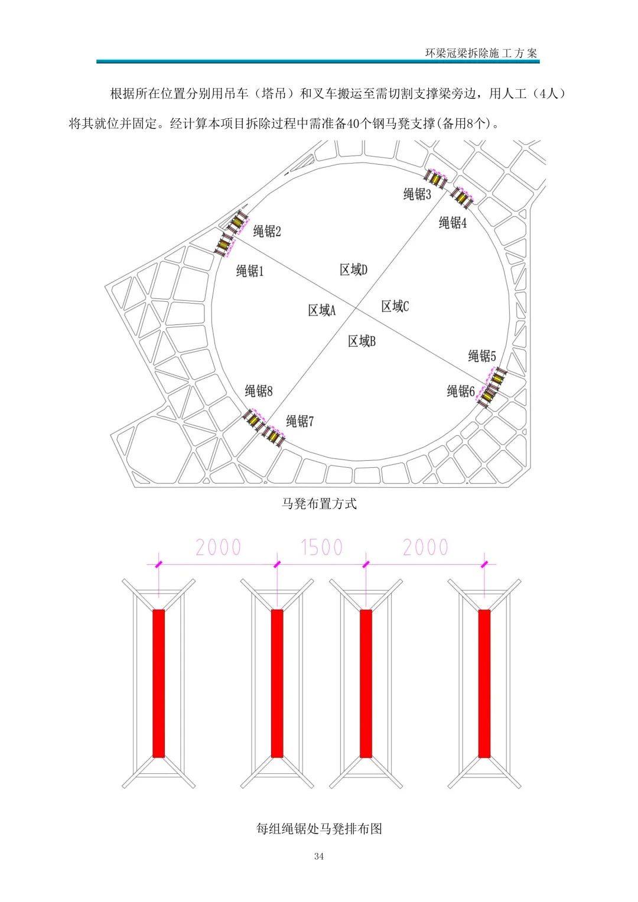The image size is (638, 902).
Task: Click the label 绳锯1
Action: pyautogui.click(x=250, y=271)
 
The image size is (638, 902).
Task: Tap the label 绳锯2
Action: pyautogui.click(x=266, y=231)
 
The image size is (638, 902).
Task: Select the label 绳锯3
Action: pyautogui.click(x=417, y=194)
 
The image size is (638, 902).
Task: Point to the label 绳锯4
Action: pyautogui.click(x=453, y=223)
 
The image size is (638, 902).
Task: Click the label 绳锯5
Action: pyautogui.click(x=481, y=356)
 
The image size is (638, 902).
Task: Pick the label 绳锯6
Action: pyautogui.click(x=461, y=391)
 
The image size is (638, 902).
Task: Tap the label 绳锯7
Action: pyautogui.click(x=300, y=421)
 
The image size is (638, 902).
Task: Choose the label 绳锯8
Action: pyautogui.click(x=259, y=390)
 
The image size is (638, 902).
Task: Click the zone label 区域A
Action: pyautogui.click(x=322, y=311)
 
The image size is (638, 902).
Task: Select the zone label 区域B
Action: pyautogui.click(x=362, y=341)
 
